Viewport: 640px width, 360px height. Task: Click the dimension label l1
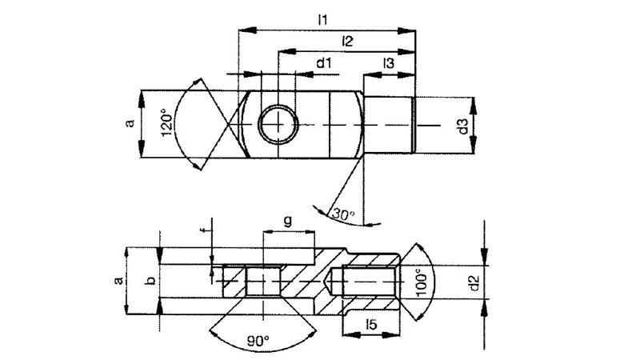tap(323, 19)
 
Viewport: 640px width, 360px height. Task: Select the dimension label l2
tap(348, 41)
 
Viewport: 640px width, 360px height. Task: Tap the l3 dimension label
tap(388, 62)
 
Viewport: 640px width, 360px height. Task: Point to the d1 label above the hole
tap(324, 62)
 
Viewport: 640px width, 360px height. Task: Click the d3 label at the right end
tap(461, 125)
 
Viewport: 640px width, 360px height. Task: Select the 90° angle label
tap(258, 341)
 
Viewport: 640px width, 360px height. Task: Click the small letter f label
tap(212, 233)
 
